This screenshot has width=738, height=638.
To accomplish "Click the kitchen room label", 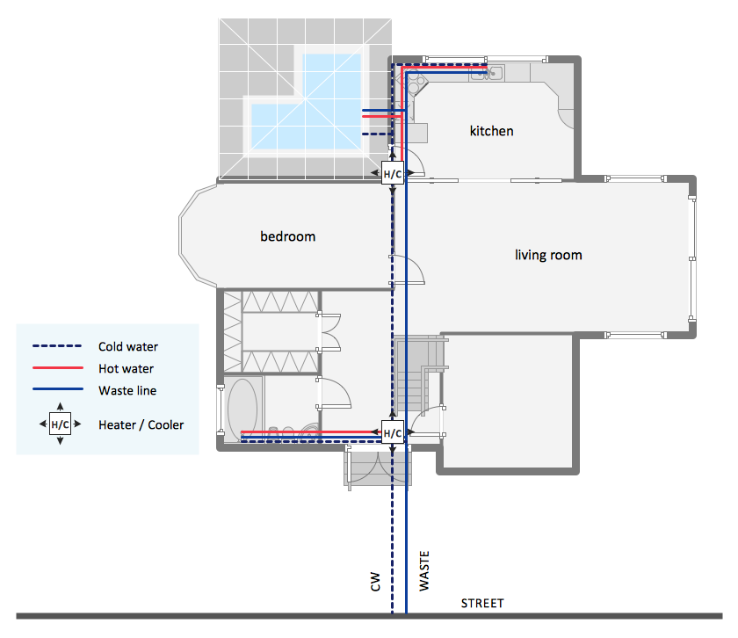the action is (x=491, y=131).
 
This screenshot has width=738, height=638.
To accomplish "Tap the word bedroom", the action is (x=287, y=236).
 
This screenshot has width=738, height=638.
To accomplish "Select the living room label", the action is (x=548, y=255).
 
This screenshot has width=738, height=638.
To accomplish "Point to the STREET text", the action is (x=482, y=603).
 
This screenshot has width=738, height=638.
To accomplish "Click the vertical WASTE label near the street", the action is (x=424, y=570).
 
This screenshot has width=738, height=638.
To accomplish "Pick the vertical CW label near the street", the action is (x=375, y=582).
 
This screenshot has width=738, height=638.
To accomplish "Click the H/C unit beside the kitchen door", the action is (x=393, y=173).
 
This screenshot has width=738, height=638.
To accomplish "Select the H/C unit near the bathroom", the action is (x=393, y=432).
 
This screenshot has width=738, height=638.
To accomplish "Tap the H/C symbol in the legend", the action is (x=61, y=424).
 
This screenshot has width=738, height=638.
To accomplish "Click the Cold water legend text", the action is (x=128, y=346).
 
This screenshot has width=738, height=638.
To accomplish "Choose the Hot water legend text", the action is (x=127, y=369).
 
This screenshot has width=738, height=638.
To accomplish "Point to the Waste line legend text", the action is (x=127, y=390).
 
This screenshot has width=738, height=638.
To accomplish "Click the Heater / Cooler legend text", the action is (x=141, y=424).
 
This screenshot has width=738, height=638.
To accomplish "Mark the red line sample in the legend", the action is (x=58, y=367).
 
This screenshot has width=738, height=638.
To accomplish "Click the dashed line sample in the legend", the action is (x=57, y=346).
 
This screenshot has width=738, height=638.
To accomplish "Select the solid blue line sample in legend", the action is (x=58, y=389).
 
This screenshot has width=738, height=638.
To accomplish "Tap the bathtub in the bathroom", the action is (x=242, y=409).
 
